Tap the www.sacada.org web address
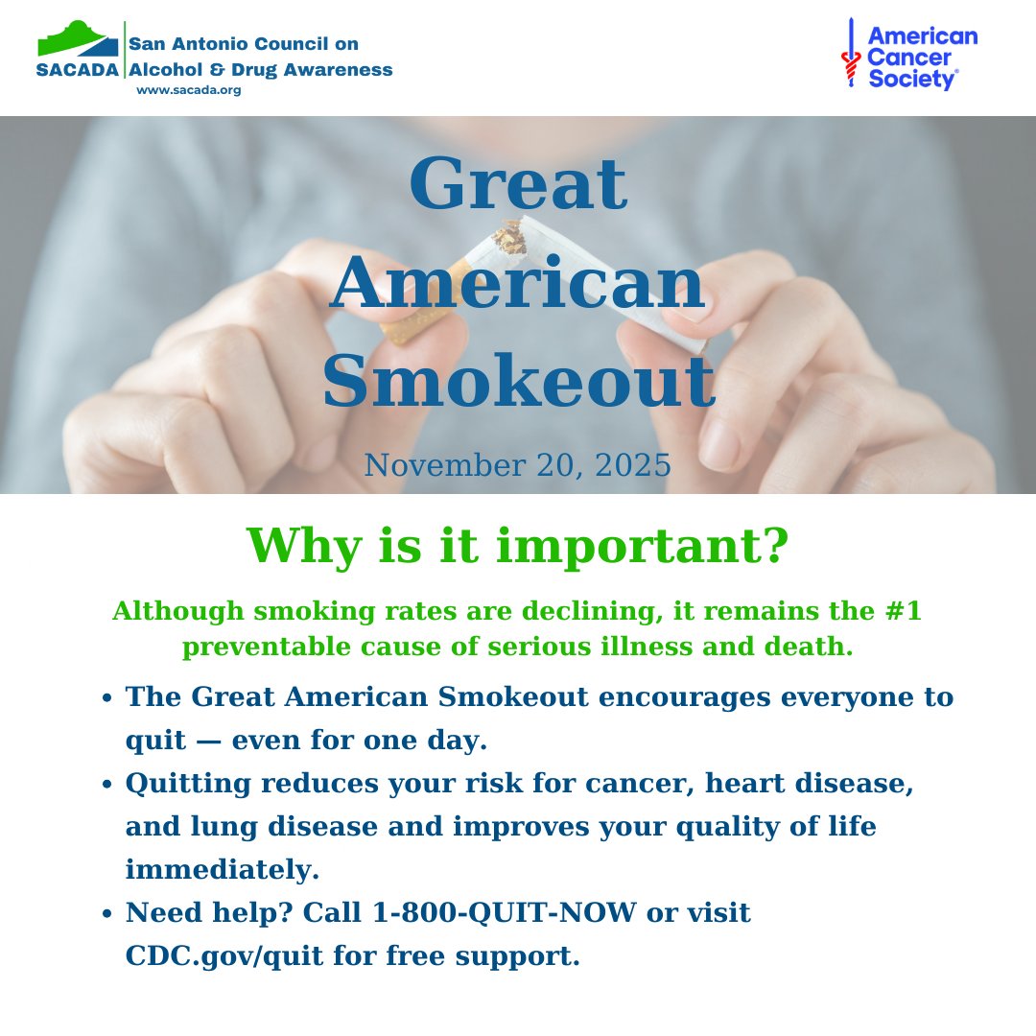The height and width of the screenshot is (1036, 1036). click(188, 90)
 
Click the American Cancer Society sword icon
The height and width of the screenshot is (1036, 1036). click(849, 56)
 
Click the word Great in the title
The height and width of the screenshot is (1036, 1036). click(518, 185)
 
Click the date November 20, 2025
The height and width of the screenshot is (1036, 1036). click(518, 466)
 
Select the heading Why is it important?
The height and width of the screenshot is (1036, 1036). click(518, 545)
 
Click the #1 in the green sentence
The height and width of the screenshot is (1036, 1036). click(903, 611)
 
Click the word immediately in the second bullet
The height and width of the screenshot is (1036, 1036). click(222, 870)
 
